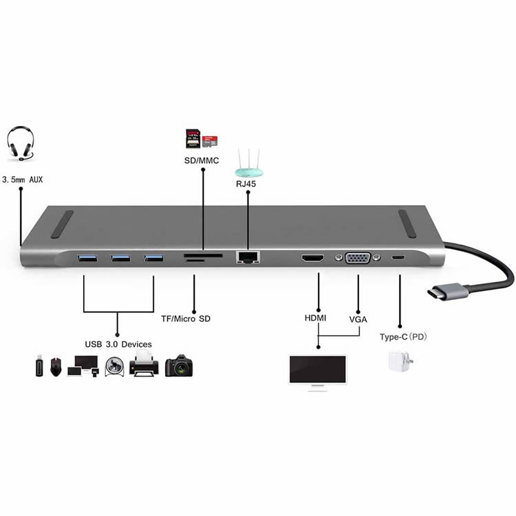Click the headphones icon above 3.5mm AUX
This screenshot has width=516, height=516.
[x=21, y=144]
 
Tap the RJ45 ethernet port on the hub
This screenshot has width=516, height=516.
[x=248, y=257]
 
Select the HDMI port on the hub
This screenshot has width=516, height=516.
[x=312, y=258]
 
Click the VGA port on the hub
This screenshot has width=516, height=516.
[x=358, y=258]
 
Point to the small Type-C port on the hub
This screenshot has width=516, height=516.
[x=398, y=257]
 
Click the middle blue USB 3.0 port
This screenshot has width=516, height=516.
[x=120, y=258]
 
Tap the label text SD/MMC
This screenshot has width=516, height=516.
[x=202, y=160]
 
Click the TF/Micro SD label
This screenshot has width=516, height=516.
[x=186, y=319]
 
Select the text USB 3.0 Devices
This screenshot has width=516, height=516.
[x=118, y=344]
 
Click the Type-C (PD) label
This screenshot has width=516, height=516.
[x=403, y=337]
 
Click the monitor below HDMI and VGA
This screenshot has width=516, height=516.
[x=318, y=372]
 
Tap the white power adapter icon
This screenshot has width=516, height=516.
[x=400, y=361]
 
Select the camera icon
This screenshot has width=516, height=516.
[x=179, y=365]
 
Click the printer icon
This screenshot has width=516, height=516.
[x=144, y=364]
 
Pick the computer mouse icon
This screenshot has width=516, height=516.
[x=56, y=367]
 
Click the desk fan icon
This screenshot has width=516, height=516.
[x=114, y=366]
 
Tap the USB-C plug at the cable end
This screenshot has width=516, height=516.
[x=448, y=291]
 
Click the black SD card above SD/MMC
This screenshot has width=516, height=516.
[x=193, y=138]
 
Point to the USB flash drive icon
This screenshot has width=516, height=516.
[x=39, y=365]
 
